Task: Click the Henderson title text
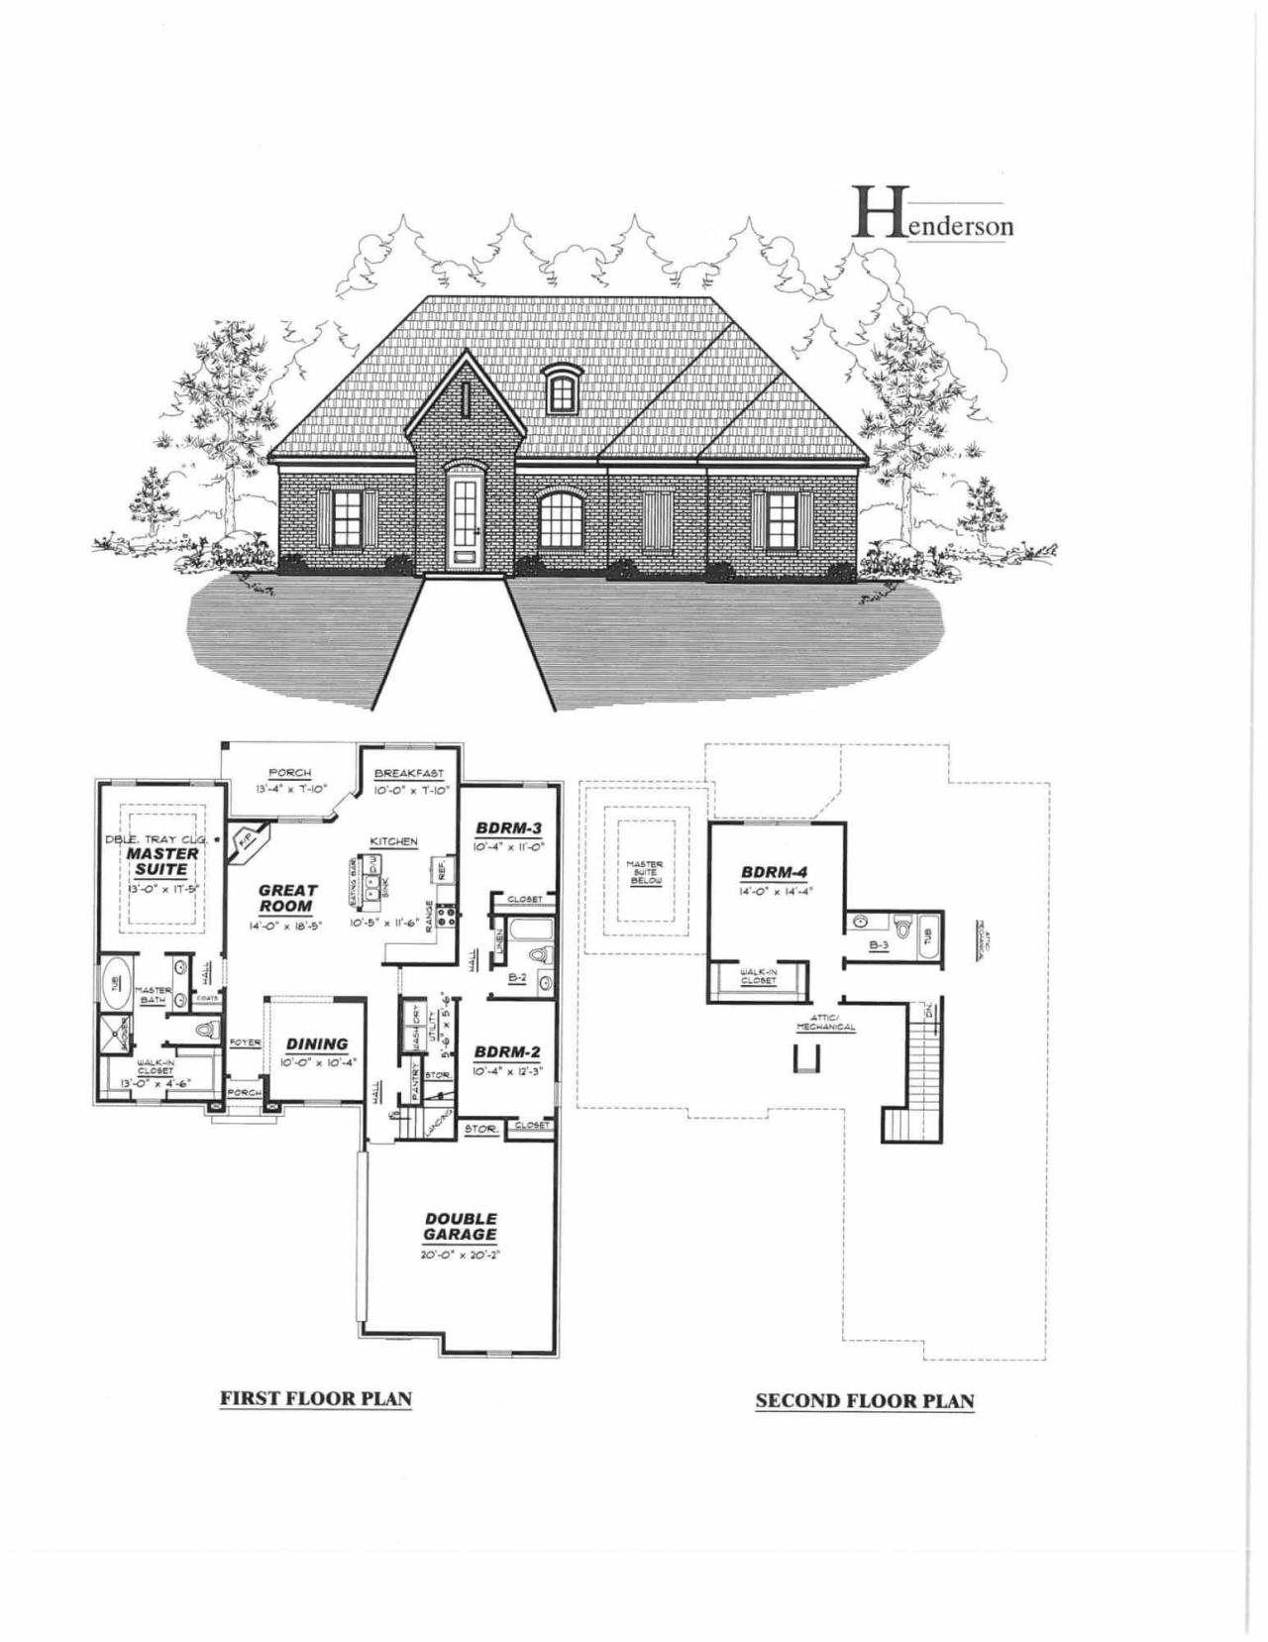point(934,217)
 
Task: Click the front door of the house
point(462,519)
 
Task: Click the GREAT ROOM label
point(287,898)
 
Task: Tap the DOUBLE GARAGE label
point(461,1227)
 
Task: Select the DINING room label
point(317,1043)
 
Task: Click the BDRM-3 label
point(506,827)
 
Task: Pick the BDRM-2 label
point(506,1051)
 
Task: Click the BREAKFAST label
point(409,774)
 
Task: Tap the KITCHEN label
point(394,841)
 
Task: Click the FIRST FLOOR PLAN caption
point(315,1398)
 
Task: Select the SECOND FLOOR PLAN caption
point(864,1400)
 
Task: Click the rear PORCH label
point(289,773)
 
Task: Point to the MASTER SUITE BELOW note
point(645,872)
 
